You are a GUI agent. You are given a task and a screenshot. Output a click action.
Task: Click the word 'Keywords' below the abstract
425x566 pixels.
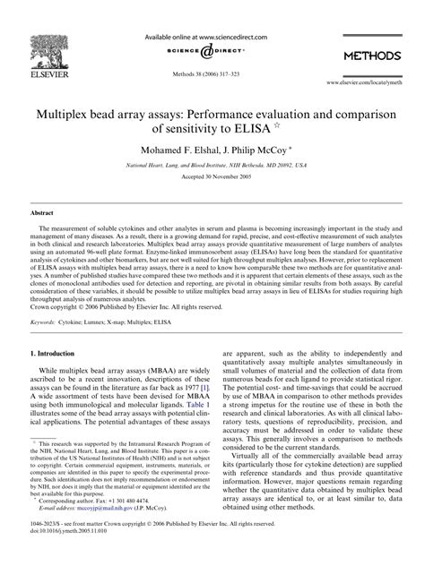point(48,320)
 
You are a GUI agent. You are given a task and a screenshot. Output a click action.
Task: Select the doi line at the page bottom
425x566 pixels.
point(67,553)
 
